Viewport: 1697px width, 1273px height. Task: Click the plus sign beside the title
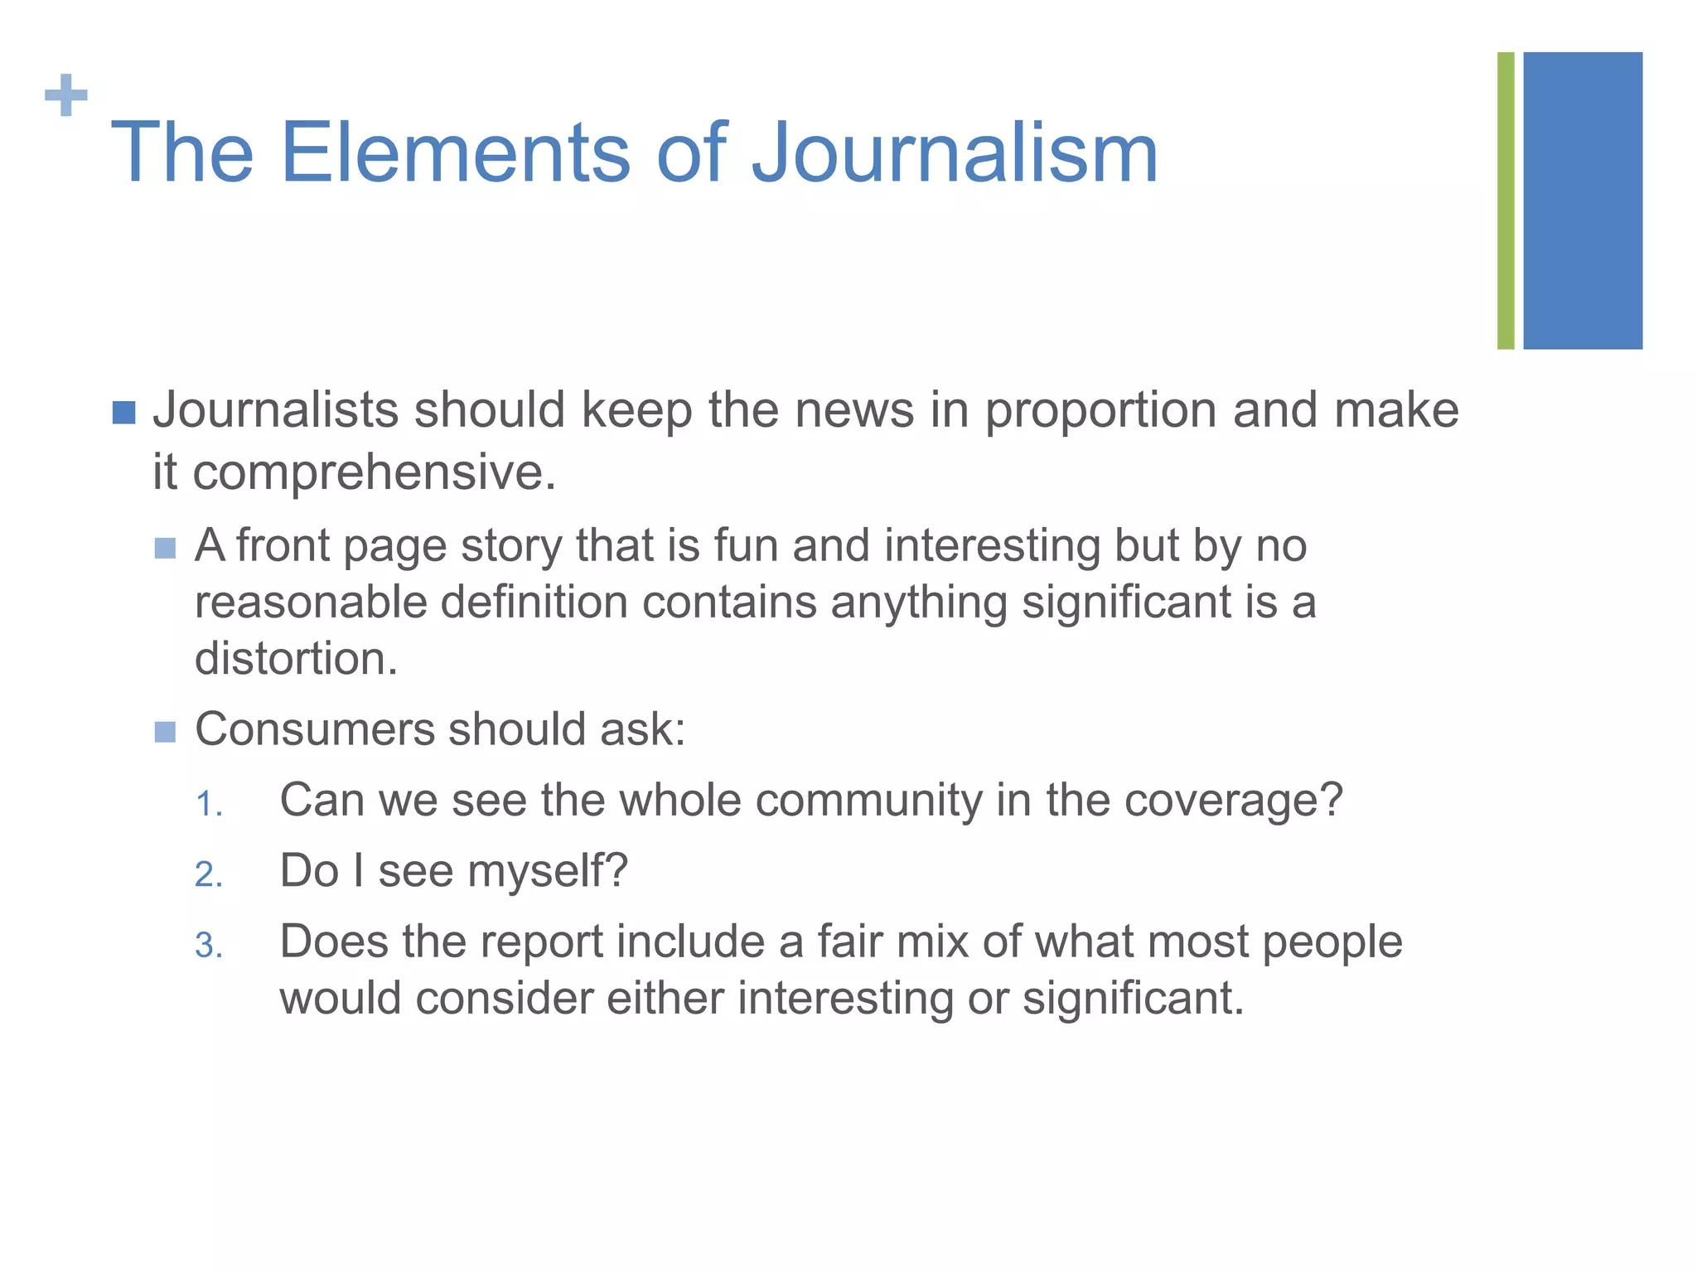point(66,96)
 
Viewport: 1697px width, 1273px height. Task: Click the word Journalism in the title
point(955,153)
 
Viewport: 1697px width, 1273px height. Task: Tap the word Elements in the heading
point(455,153)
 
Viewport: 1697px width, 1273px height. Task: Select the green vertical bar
point(1506,201)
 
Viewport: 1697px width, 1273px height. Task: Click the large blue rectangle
point(1583,201)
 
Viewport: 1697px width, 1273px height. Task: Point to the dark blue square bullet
point(123,413)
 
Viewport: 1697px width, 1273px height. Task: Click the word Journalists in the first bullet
point(276,410)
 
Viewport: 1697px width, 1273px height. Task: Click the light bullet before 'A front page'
point(166,549)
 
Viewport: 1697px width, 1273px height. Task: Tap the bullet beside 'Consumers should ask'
point(166,732)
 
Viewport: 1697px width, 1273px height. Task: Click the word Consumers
point(315,730)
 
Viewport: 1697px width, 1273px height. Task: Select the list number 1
point(209,804)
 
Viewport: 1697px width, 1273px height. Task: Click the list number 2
point(209,875)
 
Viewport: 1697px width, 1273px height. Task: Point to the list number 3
point(209,946)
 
